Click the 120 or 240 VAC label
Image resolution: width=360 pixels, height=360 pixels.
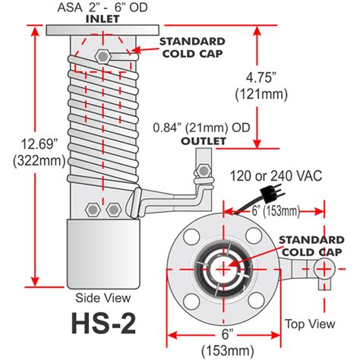pos(279,175)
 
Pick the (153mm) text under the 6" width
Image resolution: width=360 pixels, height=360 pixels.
pos(226,350)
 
